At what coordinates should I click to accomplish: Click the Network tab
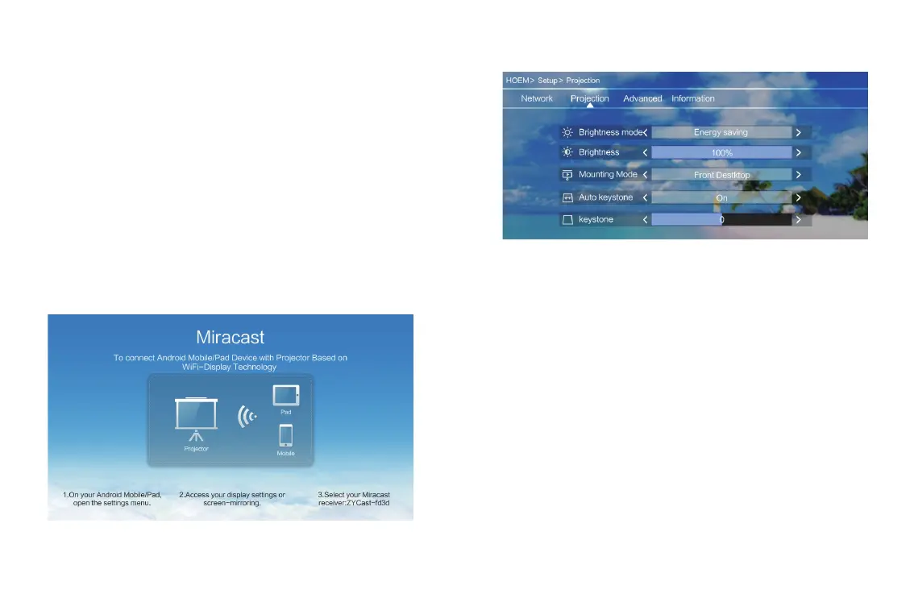[x=536, y=98]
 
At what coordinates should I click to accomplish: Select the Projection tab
[x=589, y=98]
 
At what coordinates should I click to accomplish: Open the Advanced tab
[x=642, y=98]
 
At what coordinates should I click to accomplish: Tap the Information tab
[x=692, y=98]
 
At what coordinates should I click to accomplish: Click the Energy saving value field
[x=721, y=132]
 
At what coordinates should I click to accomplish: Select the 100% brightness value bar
[x=721, y=152]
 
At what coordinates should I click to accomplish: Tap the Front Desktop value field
[x=721, y=175]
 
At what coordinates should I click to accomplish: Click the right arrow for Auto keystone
[x=798, y=197]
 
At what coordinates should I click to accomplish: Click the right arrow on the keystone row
[x=798, y=220]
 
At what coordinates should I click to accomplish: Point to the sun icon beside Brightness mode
[x=567, y=132]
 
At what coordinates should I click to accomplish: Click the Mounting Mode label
[x=608, y=174]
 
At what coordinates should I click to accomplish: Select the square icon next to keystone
[x=567, y=220]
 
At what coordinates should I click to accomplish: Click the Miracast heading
[x=230, y=337]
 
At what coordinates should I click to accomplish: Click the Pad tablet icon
[x=285, y=395]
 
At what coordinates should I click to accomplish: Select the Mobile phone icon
[x=285, y=435]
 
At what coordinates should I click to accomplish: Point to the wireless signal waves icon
[x=247, y=416]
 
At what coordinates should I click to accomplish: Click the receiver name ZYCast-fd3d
[x=368, y=503]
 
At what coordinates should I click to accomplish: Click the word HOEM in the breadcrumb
[x=517, y=81]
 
